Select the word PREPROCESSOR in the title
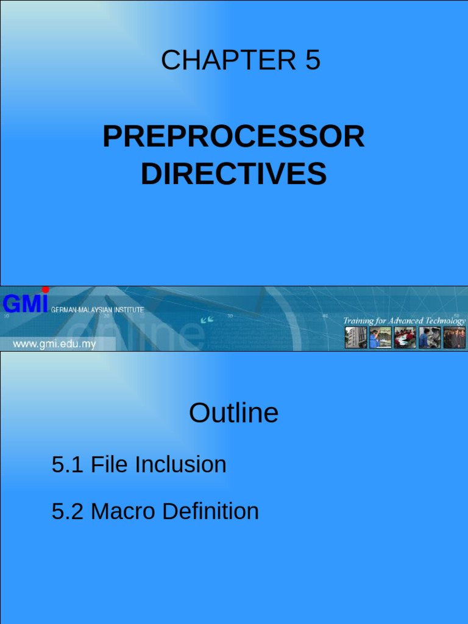point(233,136)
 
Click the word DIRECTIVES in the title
point(233,174)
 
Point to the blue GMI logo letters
point(25,303)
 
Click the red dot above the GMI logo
point(45,289)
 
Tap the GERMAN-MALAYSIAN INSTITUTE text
point(97,310)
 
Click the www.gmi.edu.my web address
point(54,344)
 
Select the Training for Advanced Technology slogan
point(404,321)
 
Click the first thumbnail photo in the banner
point(356,338)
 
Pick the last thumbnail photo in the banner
point(454,338)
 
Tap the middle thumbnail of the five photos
point(405,338)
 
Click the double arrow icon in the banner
point(208,319)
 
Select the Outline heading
point(233,413)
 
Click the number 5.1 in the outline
point(67,465)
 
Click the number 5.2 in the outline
point(67,511)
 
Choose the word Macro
point(119,511)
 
